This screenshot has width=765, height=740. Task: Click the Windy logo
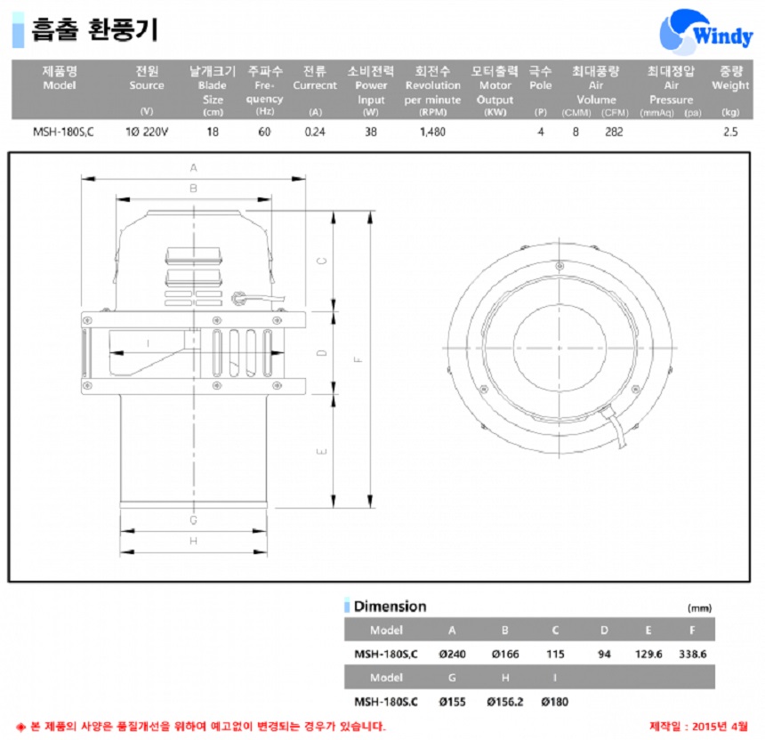705,32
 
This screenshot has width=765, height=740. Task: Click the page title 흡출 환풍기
94,30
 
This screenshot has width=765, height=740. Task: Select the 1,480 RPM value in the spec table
432,132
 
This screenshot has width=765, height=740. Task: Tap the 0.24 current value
315,132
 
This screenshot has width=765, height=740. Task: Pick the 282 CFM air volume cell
614,132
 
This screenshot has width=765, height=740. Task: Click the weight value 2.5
730,132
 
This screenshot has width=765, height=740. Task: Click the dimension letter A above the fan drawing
194,168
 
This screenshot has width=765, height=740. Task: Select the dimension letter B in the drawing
194,189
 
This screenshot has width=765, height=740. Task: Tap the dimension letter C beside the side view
322,261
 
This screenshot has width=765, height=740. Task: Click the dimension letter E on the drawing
322,451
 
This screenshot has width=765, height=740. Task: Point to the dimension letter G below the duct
194,520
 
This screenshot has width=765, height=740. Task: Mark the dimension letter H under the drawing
194,541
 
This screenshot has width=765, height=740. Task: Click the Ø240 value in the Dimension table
452,654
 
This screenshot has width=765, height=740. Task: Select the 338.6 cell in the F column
693,654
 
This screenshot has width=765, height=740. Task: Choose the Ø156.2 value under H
505,702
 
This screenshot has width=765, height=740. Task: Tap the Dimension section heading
390,607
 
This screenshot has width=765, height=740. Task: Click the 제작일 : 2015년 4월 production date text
698,727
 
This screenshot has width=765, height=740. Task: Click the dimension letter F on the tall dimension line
358,359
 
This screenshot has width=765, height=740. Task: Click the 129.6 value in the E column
648,654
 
